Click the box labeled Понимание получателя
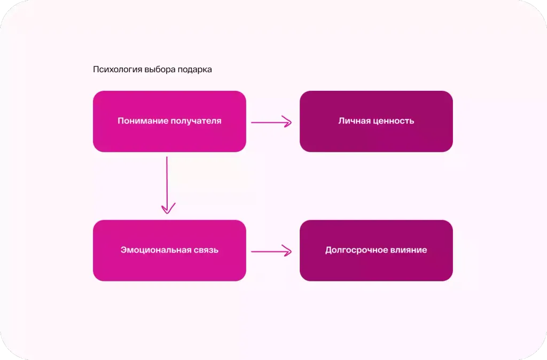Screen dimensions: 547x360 (169, 121)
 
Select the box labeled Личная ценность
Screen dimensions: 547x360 (376, 121)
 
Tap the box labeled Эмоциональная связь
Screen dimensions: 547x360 (169, 251)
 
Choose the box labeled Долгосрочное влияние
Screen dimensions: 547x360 (376, 251)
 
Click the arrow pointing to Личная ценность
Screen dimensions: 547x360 (271, 122)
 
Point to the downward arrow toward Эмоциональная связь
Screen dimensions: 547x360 (167, 185)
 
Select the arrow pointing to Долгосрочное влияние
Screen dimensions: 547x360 (271, 251)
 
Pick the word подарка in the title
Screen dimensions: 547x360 (194, 69)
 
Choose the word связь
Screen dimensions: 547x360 (202, 250)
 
